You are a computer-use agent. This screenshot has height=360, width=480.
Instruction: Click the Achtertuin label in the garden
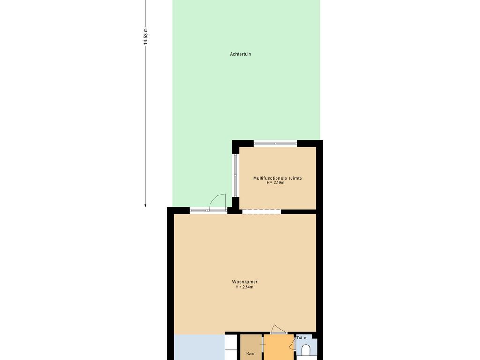(x=240, y=54)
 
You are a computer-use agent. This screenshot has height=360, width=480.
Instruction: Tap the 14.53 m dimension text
(x=146, y=37)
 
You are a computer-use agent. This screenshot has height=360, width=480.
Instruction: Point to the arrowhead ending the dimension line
(x=145, y=205)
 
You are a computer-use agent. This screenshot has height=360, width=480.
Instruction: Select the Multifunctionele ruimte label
(x=277, y=178)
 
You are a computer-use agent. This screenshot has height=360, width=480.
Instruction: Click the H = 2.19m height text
(x=275, y=183)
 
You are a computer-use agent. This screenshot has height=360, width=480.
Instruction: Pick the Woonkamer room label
(x=245, y=282)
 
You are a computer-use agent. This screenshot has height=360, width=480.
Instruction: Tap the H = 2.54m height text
(x=244, y=287)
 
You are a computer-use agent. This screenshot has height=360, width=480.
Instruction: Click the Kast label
(x=251, y=353)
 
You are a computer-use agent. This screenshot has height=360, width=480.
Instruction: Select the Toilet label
(x=302, y=338)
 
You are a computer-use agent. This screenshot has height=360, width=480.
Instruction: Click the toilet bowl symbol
(x=306, y=350)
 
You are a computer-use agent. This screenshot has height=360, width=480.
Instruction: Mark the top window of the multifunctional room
(x=275, y=143)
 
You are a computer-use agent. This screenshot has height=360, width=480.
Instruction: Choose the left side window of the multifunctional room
(x=235, y=175)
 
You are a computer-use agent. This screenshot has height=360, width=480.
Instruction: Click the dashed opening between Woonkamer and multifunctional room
(x=262, y=211)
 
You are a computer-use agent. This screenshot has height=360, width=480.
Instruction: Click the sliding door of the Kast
(x=262, y=347)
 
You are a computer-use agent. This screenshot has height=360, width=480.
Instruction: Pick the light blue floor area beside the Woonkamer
(x=199, y=347)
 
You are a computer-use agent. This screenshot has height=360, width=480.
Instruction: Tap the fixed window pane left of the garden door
(x=199, y=210)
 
